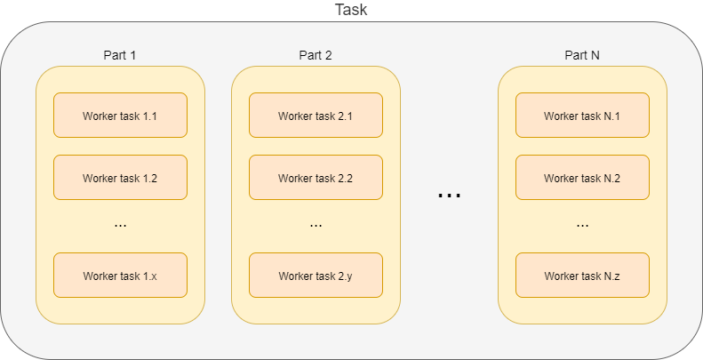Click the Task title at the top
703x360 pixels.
tap(351, 10)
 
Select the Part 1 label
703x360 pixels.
tap(120, 55)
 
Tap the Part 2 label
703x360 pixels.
tap(316, 55)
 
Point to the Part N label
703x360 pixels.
tap(582, 55)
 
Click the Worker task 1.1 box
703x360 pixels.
tap(120, 116)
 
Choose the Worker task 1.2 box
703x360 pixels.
tap(120, 178)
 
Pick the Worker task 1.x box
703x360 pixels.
tap(120, 276)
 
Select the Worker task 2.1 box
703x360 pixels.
tap(316, 116)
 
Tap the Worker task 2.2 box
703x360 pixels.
tap(316, 178)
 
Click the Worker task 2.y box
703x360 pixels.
tap(316, 276)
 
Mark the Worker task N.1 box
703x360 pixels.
tap(582, 116)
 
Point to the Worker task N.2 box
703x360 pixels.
tap(582, 178)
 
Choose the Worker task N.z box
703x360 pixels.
tap(582, 276)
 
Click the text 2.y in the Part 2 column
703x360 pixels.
tap(346, 276)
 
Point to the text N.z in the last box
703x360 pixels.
tap(612, 276)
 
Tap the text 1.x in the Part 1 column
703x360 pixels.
tap(150, 276)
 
